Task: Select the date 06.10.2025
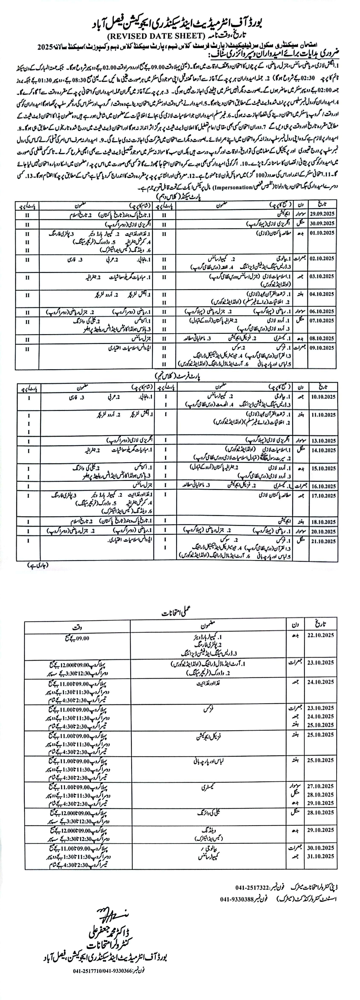point(322,311)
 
